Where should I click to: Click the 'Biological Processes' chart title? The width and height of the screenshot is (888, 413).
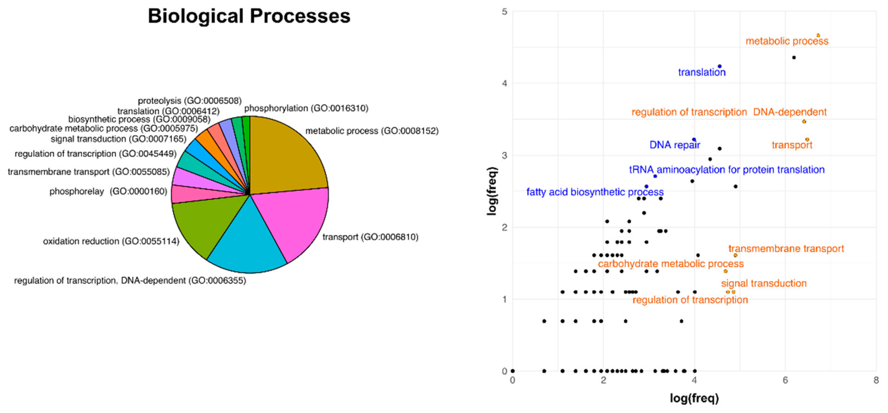click(x=249, y=16)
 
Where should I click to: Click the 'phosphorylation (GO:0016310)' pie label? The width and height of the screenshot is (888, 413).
click(x=306, y=108)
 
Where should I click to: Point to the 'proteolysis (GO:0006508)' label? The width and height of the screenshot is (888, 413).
click(x=190, y=101)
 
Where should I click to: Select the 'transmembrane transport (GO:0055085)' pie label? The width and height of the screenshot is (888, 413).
click(x=89, y=172)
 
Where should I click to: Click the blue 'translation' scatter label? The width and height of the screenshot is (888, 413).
click(x=702, y=72)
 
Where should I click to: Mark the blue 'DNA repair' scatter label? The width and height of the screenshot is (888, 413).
click(x=675, y=145)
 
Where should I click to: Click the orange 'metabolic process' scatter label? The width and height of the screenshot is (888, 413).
click(x=787, y=41)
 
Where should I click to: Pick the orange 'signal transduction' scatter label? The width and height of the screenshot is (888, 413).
click(x=764, y=283)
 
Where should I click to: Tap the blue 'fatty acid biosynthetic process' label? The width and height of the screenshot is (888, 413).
click(x=595, y=192)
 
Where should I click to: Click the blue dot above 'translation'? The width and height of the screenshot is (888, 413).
click(x=720, y=66)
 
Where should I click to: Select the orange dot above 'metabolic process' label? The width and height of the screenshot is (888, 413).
click(x=818, y=35)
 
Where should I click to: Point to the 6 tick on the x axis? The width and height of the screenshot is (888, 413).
click(x=785, y=380)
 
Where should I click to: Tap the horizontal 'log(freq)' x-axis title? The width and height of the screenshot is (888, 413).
click(x=694, y=398)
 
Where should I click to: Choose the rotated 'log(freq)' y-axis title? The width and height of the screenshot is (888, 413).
click(x=492, y=191)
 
